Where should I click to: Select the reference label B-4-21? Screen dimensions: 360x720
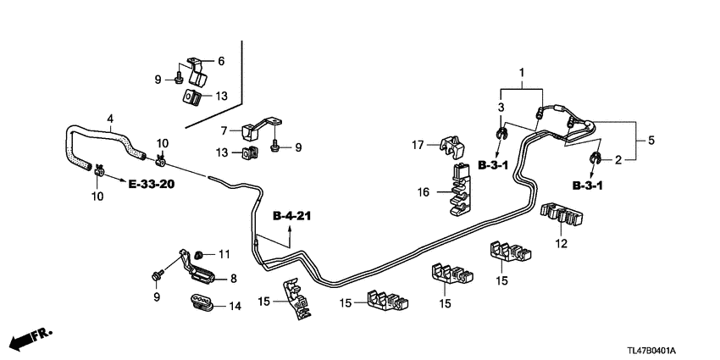tap(292, 217)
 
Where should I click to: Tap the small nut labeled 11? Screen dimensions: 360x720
tap(200, 254)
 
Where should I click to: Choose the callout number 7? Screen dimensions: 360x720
tap(224, 131)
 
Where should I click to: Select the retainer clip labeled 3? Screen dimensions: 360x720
tap(501, 132)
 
